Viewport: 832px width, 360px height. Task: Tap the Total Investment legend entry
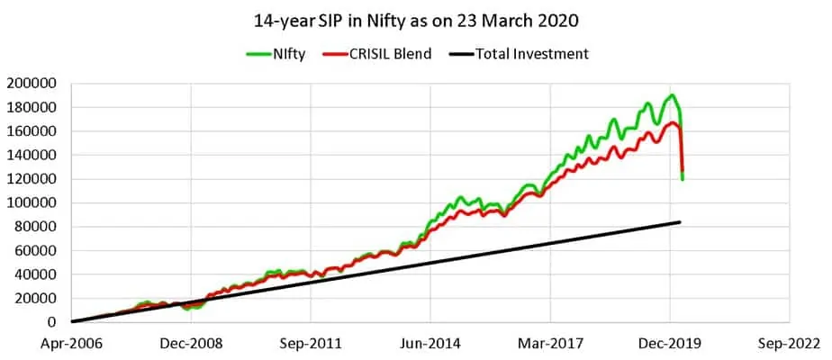(x=529, y=54)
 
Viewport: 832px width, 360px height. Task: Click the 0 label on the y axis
(x=53, y=322)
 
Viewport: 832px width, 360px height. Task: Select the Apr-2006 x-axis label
(x=72, y=343)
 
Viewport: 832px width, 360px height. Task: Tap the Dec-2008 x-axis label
(x=192, y=343)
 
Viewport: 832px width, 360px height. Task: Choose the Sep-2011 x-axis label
(x=312, y=343)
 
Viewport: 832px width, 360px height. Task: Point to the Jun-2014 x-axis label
(x=430, y=343)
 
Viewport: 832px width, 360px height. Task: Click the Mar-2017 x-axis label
(x=550, y=343)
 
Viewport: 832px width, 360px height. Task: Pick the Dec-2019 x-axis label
(x=670, y=343)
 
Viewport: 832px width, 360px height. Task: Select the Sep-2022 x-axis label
(x=790, y=343)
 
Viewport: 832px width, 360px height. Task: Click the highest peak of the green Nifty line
(x=672, y=95)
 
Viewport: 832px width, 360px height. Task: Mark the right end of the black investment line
(x=679, y=222)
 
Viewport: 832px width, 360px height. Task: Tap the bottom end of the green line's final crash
(x=683, y=179)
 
